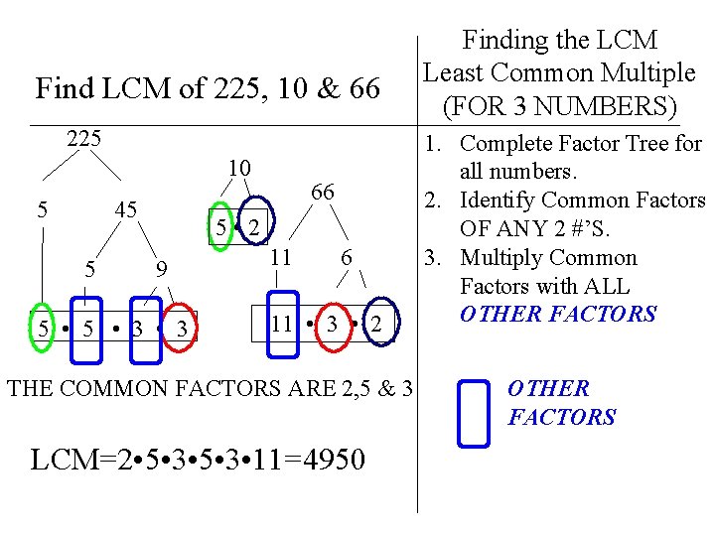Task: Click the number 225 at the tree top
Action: click(84, 138)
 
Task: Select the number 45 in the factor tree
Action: click(125, 209)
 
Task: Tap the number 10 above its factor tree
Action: click(239, 166)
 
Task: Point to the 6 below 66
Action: click(346, 258)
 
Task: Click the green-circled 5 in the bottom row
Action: click(42, 328)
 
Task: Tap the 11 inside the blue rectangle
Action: click(282, 324)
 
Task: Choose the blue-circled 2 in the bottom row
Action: click(375, 325)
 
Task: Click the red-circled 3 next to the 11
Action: click(334, 324)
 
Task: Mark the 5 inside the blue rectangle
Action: click(88, 328)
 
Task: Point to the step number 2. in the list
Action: click(434, 201)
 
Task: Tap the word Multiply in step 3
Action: click(504, 258)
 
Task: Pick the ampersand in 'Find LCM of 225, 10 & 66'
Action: click(301, 89)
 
